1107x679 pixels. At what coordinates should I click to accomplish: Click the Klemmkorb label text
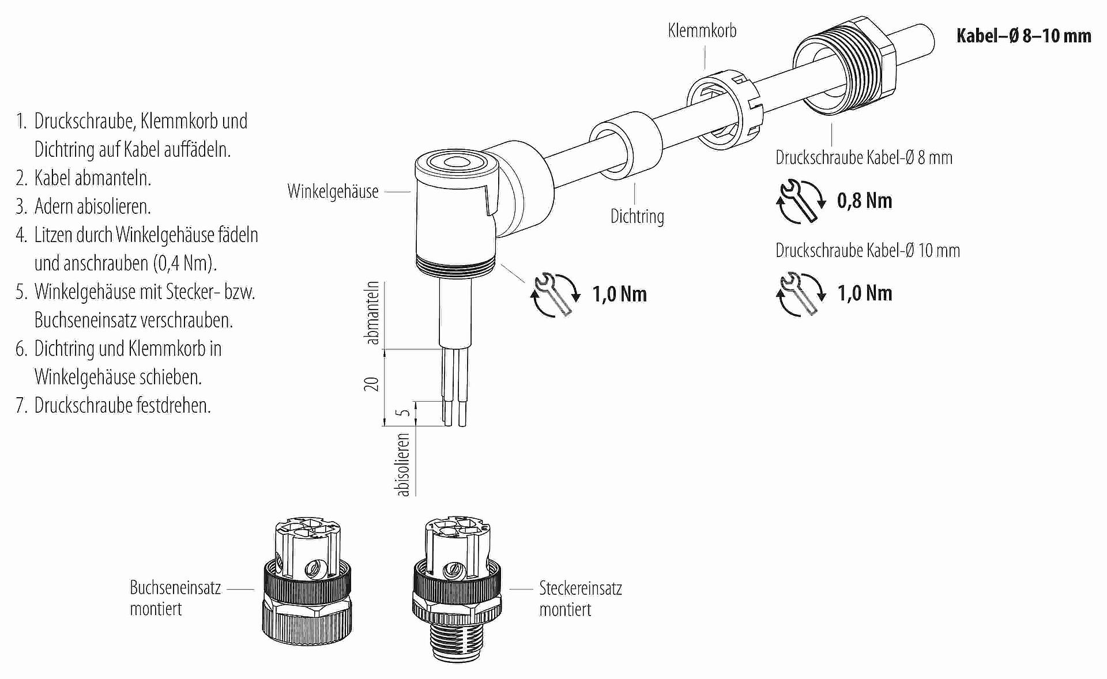702,31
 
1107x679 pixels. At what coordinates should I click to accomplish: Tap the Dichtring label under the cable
637,217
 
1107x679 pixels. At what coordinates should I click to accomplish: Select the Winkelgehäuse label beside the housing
333,191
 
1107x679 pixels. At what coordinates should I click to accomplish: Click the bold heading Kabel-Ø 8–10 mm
1023,36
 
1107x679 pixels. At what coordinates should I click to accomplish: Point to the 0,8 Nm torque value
864,201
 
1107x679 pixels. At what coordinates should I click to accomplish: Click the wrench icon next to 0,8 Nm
800,201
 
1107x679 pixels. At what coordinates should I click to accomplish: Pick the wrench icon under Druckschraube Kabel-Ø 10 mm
800,294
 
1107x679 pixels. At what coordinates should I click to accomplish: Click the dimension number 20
372,384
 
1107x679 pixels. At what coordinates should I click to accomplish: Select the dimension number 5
405,413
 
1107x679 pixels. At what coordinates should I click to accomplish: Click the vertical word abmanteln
373,313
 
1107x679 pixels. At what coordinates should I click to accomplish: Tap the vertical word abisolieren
404,465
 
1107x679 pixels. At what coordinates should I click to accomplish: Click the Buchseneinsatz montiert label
175,598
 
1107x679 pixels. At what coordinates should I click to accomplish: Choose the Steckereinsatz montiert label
580,599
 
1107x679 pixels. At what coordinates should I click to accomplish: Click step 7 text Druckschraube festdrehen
122,405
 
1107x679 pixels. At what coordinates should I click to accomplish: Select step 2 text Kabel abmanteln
92,178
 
